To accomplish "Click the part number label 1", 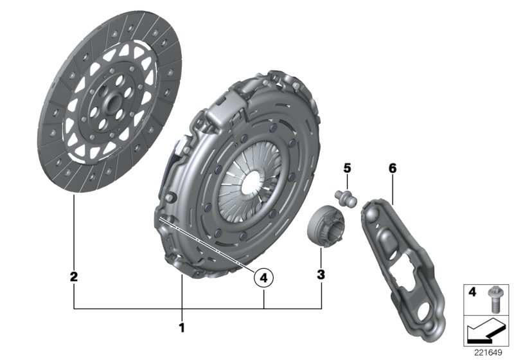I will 182,328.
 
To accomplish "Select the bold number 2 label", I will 74,277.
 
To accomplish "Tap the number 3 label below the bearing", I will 321,275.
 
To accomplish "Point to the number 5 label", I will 346,168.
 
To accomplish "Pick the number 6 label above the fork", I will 393,168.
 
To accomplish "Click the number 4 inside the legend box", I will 472,292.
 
